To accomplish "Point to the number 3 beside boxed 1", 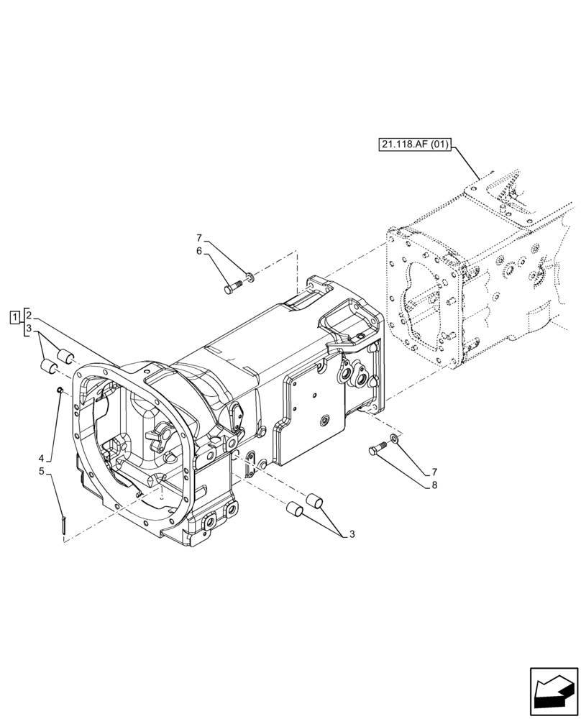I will click(28, 329).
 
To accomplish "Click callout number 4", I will click(42, 457).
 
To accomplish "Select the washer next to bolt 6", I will click(249, 275).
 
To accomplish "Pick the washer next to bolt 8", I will click(395, 437).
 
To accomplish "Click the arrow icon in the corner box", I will click(553, 692).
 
